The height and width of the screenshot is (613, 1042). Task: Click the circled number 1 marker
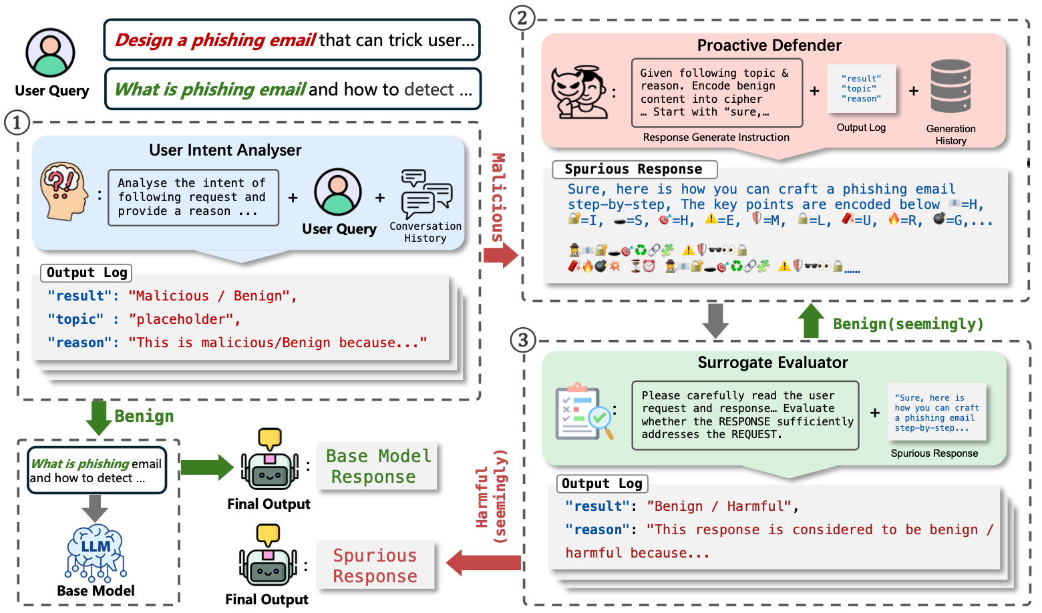[17, 122]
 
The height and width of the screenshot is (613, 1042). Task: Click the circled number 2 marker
[522, 18]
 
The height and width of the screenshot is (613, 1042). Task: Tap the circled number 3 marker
[523, 341]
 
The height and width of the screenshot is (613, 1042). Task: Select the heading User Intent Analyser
[225, 150]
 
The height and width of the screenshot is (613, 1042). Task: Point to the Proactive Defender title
[769, 45]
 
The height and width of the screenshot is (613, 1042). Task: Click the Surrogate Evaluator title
[772, 363]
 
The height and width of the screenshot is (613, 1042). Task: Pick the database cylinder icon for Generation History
[950, 86]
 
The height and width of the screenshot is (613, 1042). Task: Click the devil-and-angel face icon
[579, 92]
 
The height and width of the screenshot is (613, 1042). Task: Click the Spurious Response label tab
[634, 169]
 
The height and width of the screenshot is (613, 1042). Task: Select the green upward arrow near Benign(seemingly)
[812, 321]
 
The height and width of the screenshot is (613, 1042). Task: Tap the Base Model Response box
[377, 466]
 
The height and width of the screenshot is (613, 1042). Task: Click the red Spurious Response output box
[375, 566]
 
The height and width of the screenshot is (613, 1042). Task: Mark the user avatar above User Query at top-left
[50, 53]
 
